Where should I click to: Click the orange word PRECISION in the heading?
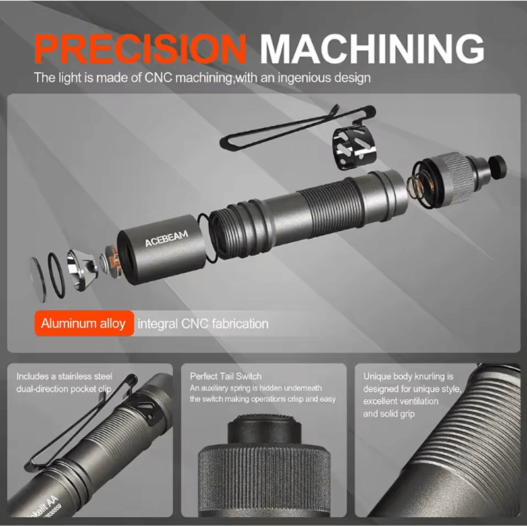[140, 49]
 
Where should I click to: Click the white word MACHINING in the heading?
[372, 49]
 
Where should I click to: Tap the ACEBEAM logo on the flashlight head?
[167, 238]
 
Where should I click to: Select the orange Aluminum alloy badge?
[84, 323]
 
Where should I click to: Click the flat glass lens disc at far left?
[38, 279]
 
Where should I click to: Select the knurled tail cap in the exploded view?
[454, 177]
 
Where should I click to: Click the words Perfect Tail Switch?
[225, 376]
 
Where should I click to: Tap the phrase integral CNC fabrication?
[203, 324]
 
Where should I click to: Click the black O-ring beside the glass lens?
[56, 275]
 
